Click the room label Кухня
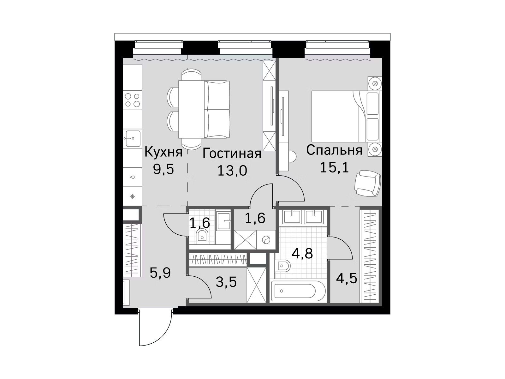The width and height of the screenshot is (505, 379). [x=163, y=153]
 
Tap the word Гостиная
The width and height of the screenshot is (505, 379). [x=232, y=153]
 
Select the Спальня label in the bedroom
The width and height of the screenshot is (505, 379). [x=334, y=150]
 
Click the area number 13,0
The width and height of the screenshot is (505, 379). [x=232, y=171]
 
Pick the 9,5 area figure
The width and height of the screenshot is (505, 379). [x=163, y=170]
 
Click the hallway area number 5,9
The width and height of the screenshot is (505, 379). [x=160, y=273]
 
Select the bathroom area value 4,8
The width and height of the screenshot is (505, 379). [x=302, y=254]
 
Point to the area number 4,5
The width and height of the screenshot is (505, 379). [x=347, y=279]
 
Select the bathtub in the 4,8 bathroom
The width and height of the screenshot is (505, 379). [x=298, y=291]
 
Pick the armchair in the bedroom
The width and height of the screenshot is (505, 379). [x=367, y=183]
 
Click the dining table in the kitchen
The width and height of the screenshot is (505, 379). [x=191, y=109]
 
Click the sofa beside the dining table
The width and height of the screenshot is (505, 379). [x=217, y=109]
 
